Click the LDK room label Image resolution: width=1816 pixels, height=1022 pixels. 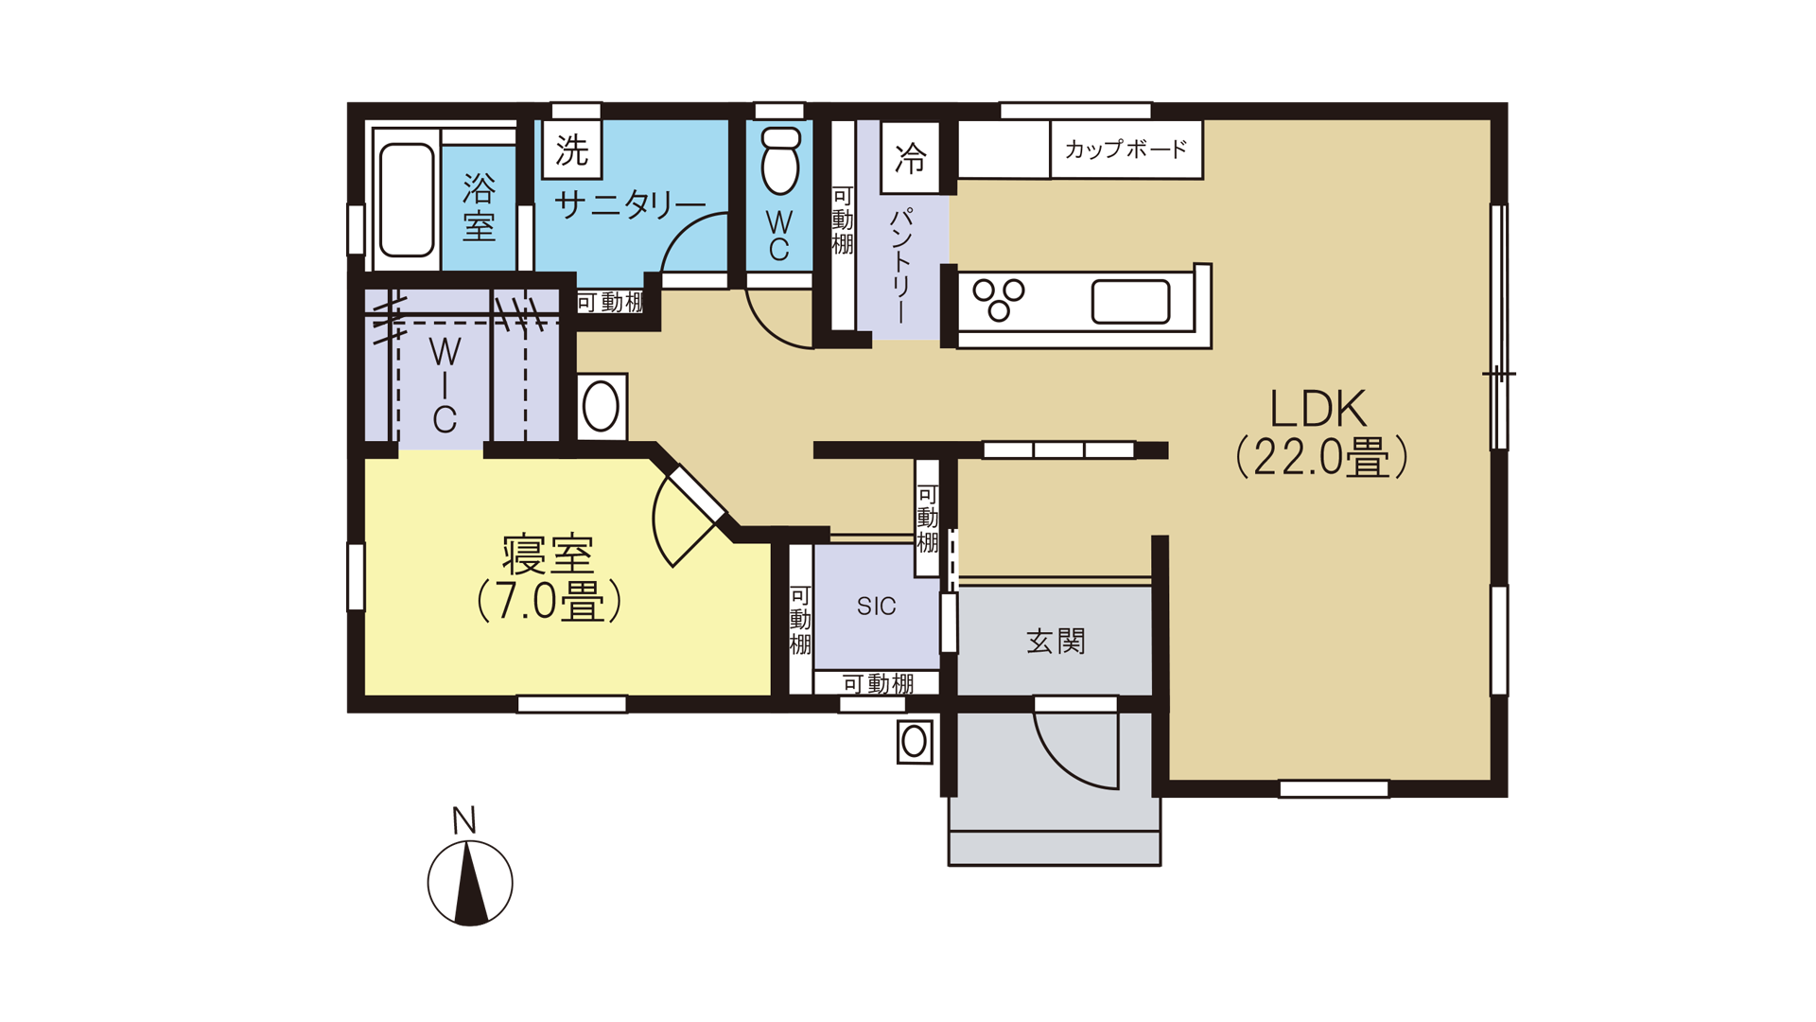[x=1320, y=432]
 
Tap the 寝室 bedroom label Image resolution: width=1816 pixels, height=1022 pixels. [x=549, y=577]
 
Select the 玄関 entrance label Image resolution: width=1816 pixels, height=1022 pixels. [x=1056, y=641]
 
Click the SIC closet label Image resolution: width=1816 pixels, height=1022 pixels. [x=876, y=607]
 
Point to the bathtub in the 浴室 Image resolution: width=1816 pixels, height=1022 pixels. [x=407, y=200]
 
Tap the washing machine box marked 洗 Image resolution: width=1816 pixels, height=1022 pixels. [x=572, y=150]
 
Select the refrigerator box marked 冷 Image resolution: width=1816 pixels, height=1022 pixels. [x=911, y=157]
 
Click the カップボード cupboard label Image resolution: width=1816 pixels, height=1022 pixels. [x=1126, y=149]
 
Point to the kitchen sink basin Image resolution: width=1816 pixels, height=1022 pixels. [x=1130, y=302]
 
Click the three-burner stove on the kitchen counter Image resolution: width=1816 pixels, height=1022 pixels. [x=999, y=299]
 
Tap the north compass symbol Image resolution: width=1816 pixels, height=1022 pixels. [x=470, y=883]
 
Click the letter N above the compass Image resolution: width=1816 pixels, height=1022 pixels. [x=463, y=820]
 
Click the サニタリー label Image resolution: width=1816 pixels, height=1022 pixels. [x=630, y=203]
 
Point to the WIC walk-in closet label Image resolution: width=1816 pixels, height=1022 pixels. [x=445, y=384]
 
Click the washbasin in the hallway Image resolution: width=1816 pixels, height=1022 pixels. [x=602, y=407]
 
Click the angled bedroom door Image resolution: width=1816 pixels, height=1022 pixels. [x=696, y=495]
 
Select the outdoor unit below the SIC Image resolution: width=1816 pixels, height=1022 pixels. [x=915, y=742]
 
